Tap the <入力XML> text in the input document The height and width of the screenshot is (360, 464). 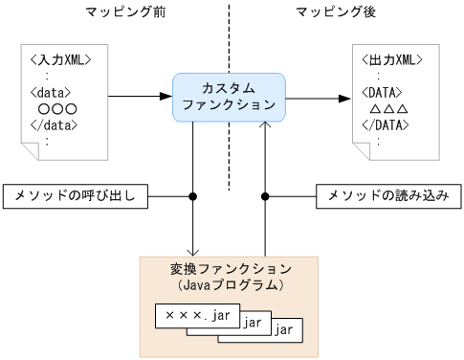[60, 60]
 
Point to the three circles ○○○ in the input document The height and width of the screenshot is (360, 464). [57, 109]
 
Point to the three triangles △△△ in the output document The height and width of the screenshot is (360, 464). [388, 109]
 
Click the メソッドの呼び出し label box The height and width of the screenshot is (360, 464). [76, 196]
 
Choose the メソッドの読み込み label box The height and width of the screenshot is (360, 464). [388, 196]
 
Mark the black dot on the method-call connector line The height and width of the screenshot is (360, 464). [193, 196]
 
